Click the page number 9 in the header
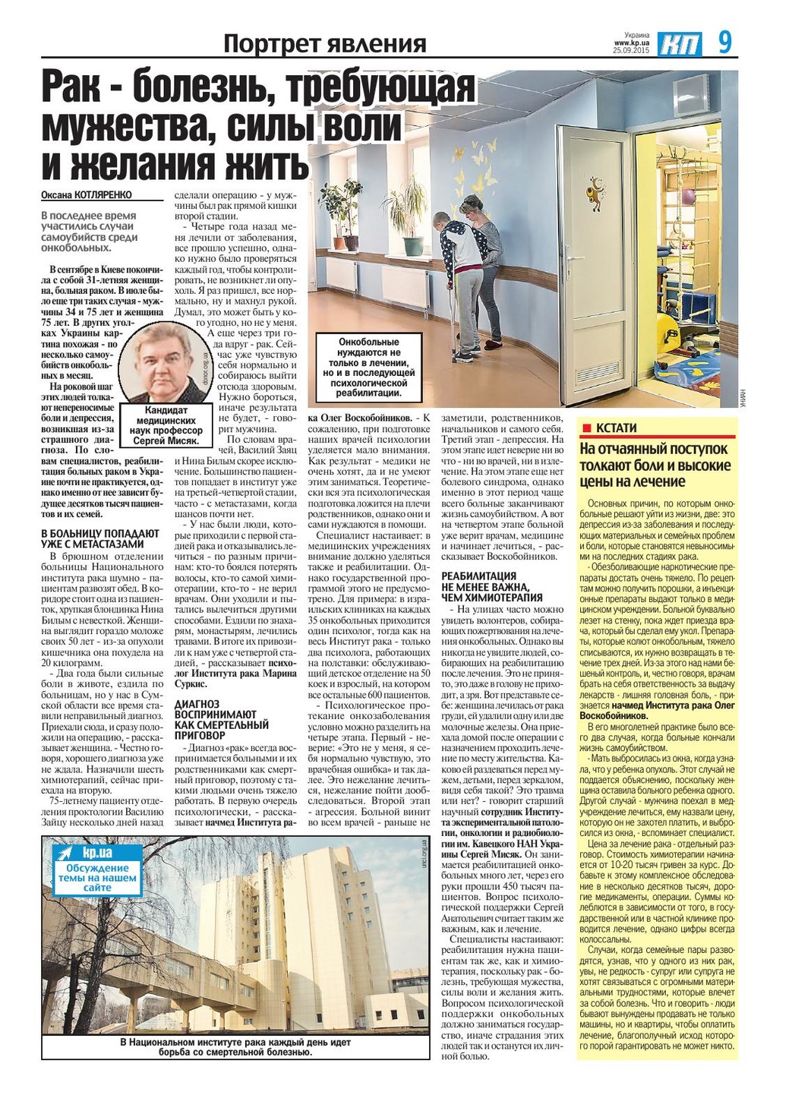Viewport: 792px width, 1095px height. pos(725,42)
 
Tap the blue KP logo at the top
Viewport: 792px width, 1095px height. pos(680,45)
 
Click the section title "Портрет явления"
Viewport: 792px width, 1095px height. pos(324,44)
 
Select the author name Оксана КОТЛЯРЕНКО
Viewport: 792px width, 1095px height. pos(87,195)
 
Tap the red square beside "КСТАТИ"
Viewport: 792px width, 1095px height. pos(585,428)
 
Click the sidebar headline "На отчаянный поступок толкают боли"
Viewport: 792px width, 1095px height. pos(654,465)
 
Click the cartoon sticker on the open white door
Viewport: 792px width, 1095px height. pos(597,194)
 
